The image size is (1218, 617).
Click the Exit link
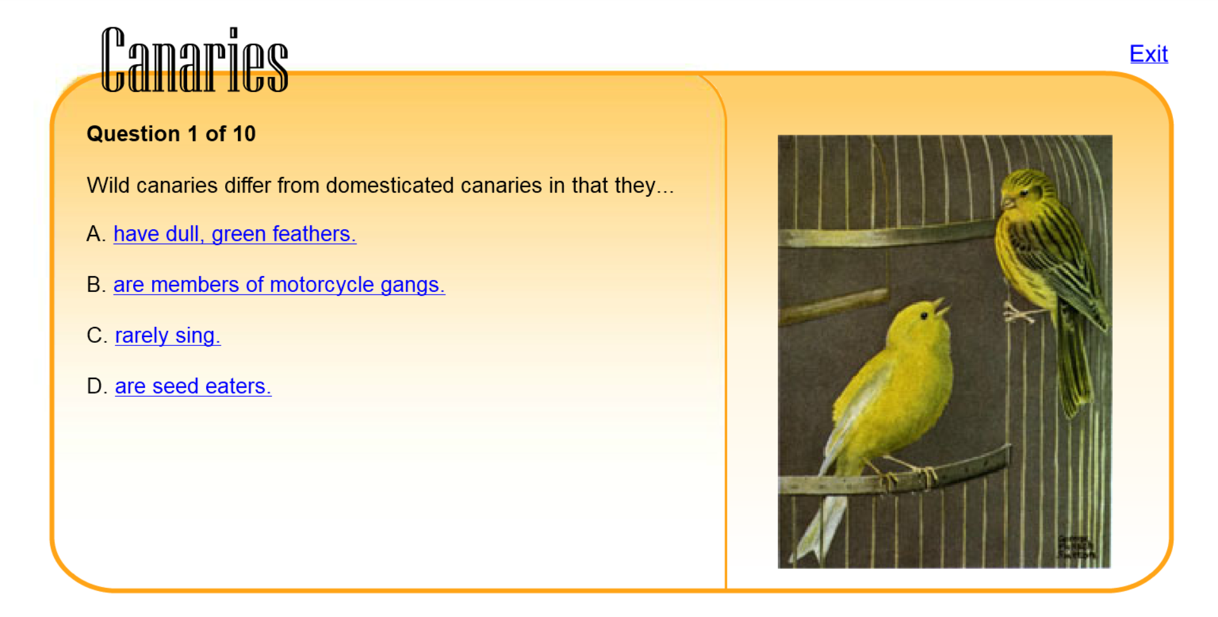1148,54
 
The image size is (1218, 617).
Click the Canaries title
195,60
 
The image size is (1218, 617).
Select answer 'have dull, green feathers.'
235,234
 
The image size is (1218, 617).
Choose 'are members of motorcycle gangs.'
279,285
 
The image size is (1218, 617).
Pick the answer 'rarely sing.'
167,335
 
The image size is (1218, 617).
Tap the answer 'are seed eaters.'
193,386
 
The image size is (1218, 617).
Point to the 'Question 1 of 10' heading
171,134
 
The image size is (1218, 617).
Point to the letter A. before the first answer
96,234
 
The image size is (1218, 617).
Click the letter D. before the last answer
96,386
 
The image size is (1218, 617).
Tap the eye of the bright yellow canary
924,315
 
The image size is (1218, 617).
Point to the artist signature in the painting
1075,547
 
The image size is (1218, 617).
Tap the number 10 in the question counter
244,134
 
